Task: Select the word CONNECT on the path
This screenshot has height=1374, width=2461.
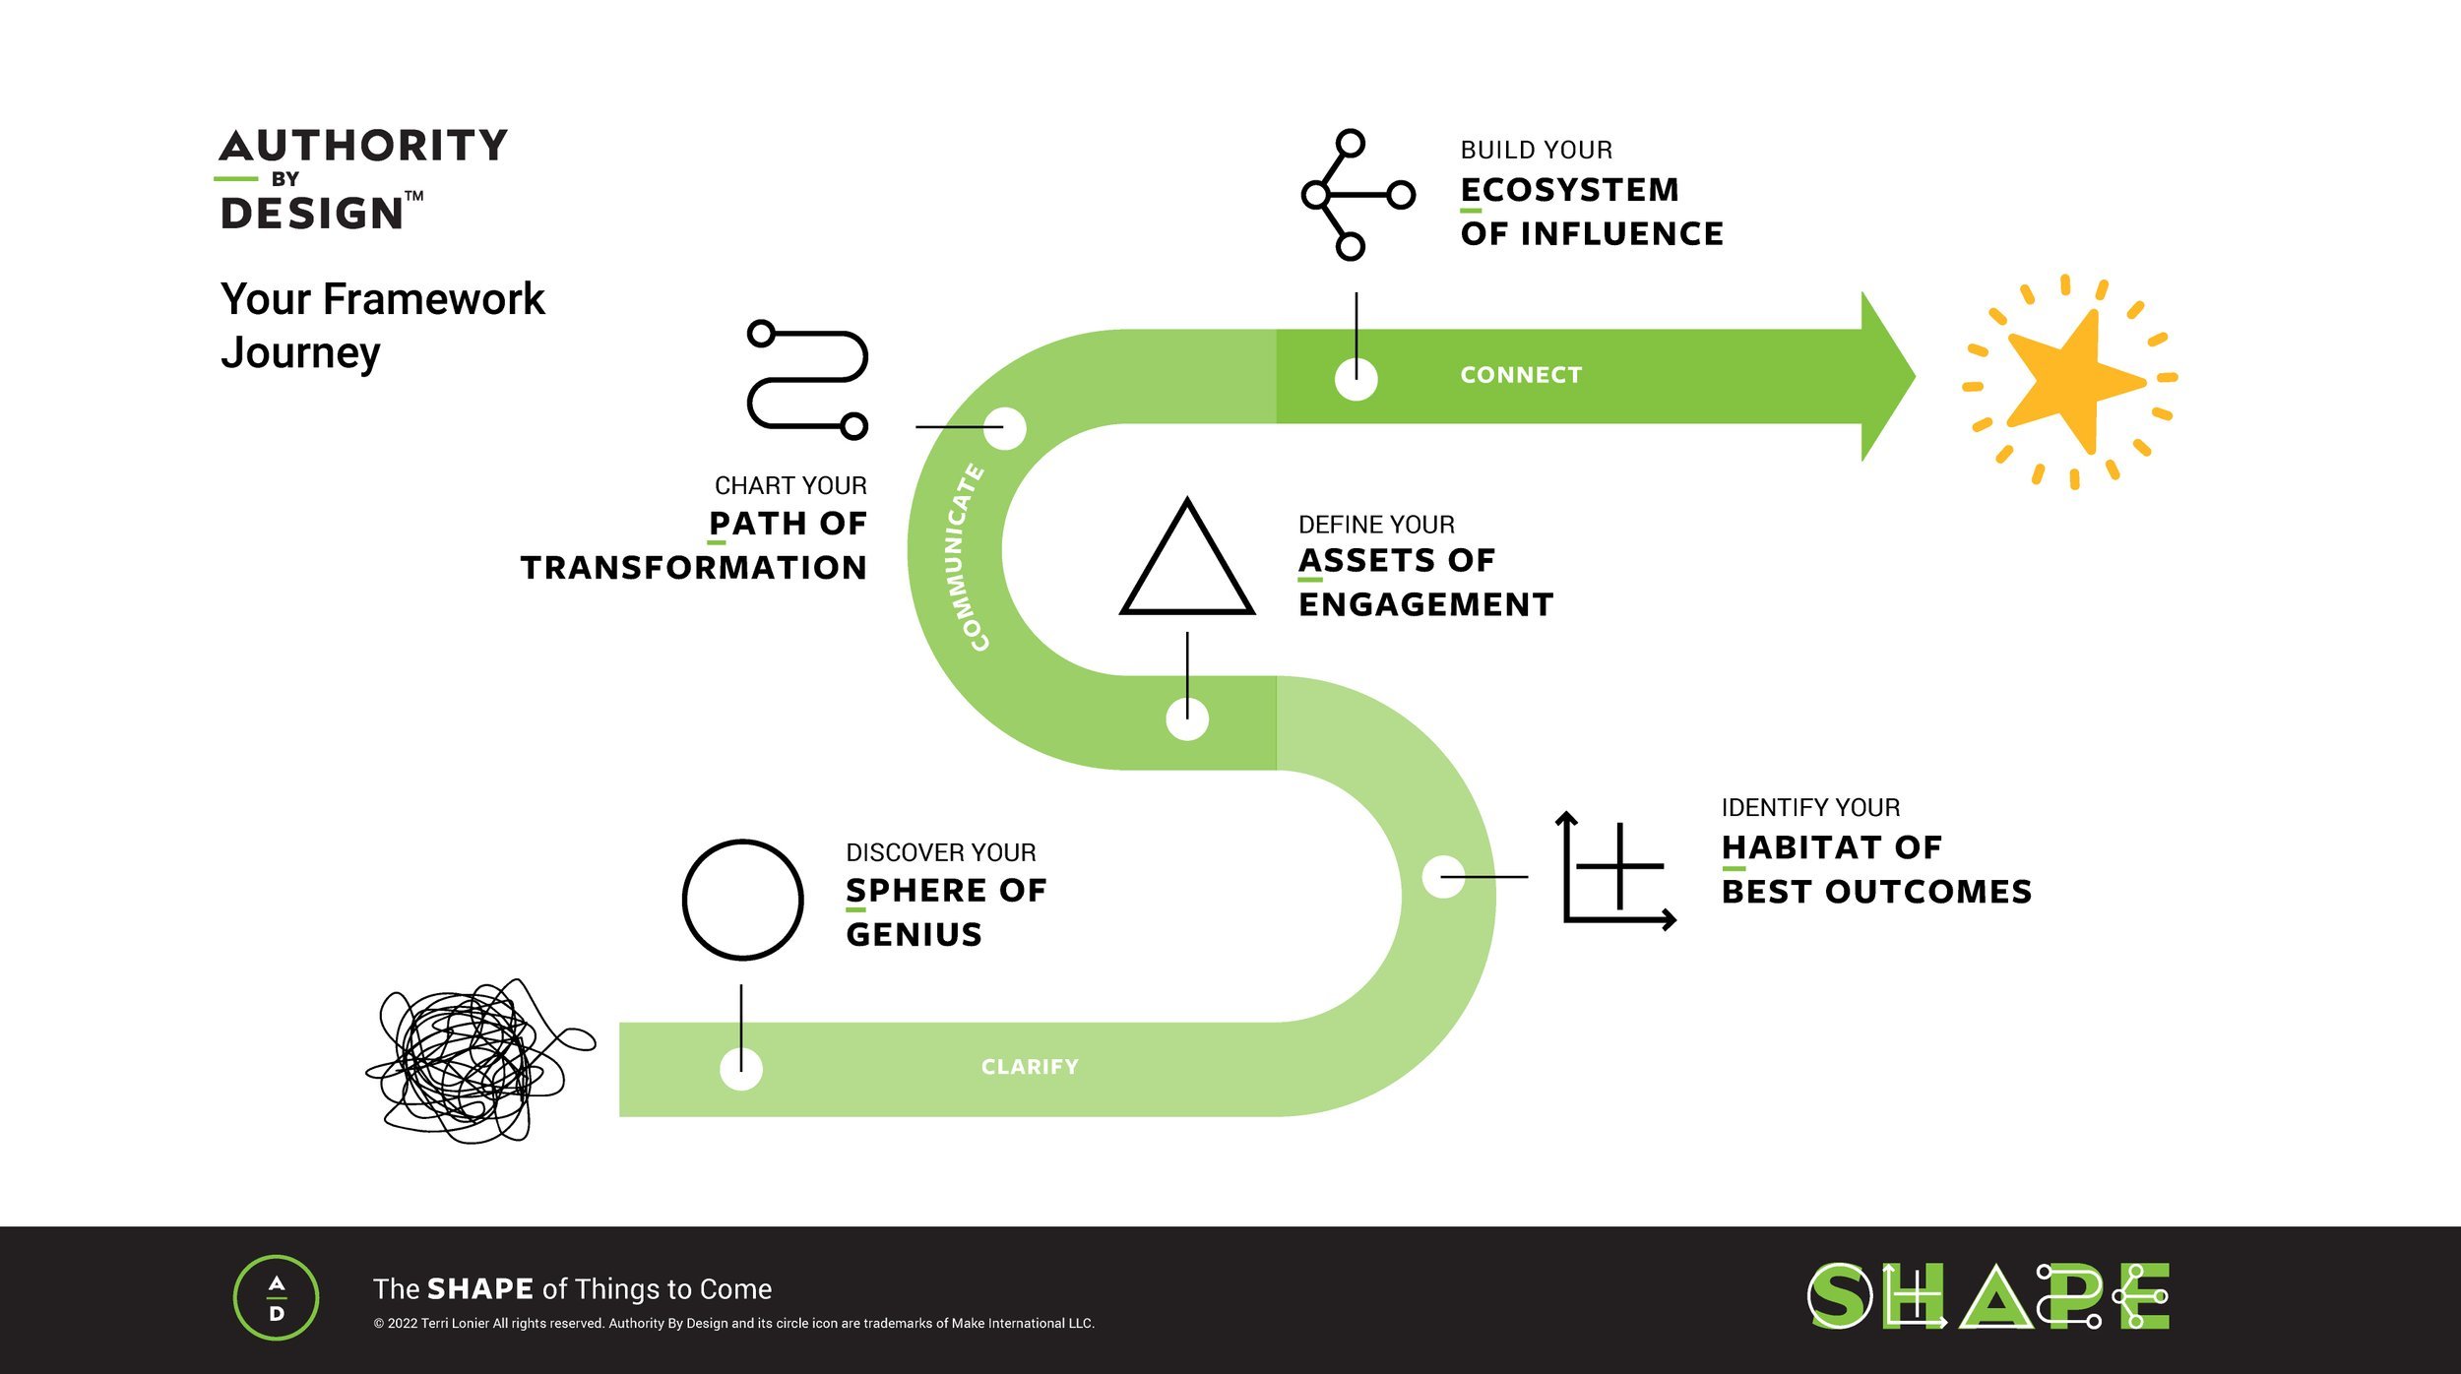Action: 1521,375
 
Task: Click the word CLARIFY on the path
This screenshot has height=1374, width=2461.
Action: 1030,1067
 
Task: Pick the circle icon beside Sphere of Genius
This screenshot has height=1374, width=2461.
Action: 743,899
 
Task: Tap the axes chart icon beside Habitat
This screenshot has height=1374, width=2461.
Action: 1616,871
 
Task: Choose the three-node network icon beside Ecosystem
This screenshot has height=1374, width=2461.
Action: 1356,195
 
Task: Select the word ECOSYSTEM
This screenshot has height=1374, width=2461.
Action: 1570,190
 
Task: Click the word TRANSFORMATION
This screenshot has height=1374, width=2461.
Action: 694,568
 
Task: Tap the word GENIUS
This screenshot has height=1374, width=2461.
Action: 914,934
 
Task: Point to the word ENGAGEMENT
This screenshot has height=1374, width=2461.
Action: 1425,604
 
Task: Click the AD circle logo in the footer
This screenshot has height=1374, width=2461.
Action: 277,1297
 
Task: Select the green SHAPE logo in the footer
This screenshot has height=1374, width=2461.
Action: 1988,1296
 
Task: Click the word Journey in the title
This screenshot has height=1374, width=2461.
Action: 300,352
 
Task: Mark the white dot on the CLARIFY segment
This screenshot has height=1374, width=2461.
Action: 741,1069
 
